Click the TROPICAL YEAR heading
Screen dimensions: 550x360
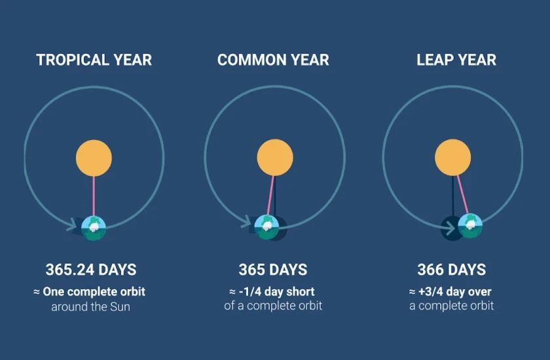click(x=94, y=60)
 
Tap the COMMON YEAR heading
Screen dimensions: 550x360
click(x=273, y=60)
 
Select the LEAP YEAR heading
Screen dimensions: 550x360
click(x=456, y=60)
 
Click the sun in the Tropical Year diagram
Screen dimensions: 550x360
click(x=94, y=158)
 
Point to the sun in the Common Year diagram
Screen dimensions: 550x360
click(x=275, y=157)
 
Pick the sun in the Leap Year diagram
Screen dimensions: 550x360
click(x=453, y=157)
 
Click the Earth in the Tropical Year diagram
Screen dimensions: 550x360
click(x=94, y=228)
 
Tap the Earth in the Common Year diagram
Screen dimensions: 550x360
click(x=266, y=227)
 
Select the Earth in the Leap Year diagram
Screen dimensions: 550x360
click(x=470, y=226)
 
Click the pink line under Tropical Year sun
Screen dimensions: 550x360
click(x=94, y=196)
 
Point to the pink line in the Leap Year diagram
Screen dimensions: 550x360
click(x=463, y=194)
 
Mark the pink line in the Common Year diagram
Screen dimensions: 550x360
click(x=270, y=195)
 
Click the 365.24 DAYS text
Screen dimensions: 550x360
click(x=91, y=270)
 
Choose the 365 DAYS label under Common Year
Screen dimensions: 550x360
click(x=273, y=270)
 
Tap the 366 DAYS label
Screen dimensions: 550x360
click(x=452, y=270)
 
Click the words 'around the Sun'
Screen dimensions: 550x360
click(x=90, y=307)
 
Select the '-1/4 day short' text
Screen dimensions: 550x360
click(x=277, y=292)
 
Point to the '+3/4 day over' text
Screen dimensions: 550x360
click(x=455, y=292)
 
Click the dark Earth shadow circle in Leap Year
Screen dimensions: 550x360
click(x=450, y=228)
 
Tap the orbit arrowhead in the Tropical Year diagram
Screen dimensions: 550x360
click(x=72, y=225)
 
